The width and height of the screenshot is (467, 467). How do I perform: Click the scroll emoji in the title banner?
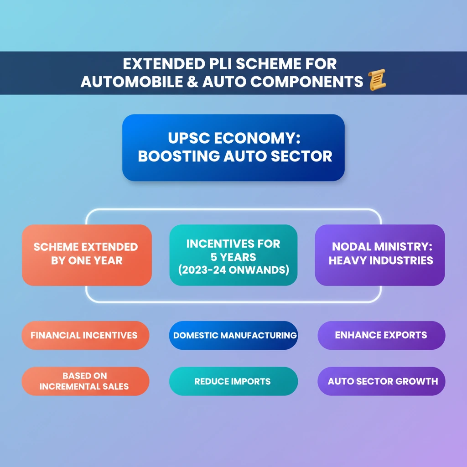point(376,80)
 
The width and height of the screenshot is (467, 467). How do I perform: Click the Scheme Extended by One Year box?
point(87,255)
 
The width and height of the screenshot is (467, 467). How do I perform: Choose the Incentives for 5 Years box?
point(233,255)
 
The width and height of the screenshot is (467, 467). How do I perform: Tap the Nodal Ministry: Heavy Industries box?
point(380,255)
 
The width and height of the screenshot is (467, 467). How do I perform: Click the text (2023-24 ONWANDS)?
point(233,270)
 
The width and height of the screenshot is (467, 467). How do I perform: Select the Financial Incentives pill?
point(85,335)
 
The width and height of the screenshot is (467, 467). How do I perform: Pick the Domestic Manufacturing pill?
point(233,335)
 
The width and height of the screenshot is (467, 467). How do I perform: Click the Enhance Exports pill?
point(381,335)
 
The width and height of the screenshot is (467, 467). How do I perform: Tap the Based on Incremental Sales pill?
point(85,381)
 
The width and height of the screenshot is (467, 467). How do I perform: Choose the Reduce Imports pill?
point(233,381)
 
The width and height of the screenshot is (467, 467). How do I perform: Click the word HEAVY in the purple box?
point(345,260)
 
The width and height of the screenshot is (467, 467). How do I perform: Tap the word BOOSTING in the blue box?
point(178,156)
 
